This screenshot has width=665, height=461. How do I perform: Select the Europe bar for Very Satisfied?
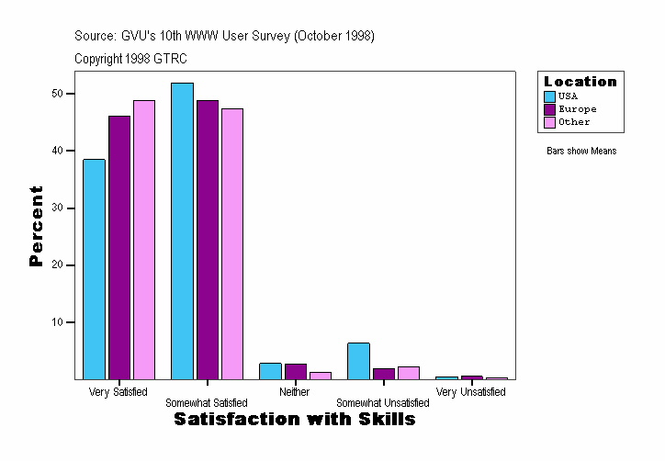tap(119, 247)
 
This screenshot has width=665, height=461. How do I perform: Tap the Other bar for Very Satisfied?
tap(144, 240)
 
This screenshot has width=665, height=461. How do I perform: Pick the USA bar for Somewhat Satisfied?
tap(182, 230)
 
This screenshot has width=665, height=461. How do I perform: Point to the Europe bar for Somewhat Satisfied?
tap(208, 240)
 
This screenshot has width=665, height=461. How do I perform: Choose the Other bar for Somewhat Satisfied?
tap(232, 243)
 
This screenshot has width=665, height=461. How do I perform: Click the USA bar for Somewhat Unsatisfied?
tap(358, 361)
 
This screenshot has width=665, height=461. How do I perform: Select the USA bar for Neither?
tap(270, 371)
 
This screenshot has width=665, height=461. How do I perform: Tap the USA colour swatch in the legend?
tap(550, 96)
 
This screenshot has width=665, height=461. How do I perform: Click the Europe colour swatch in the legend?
tap(550, 109)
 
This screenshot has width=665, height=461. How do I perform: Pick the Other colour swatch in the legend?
tap(550, 122)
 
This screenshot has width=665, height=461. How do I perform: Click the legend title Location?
tap(580, 82)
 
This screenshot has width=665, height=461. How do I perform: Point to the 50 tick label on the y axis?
tap(57, 94)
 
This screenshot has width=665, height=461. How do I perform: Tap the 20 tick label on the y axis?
tap(57, 265)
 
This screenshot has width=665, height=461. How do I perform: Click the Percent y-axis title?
tap(36, 226)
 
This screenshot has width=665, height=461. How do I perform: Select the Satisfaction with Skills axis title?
tap(295, 420)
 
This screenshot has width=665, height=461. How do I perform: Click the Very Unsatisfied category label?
tap(470, 392)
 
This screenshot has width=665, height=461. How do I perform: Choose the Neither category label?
tap(295, 392)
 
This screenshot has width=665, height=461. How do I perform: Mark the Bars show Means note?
tap(581, 151)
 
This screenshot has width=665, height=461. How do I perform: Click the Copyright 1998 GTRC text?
tap(131, 58)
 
